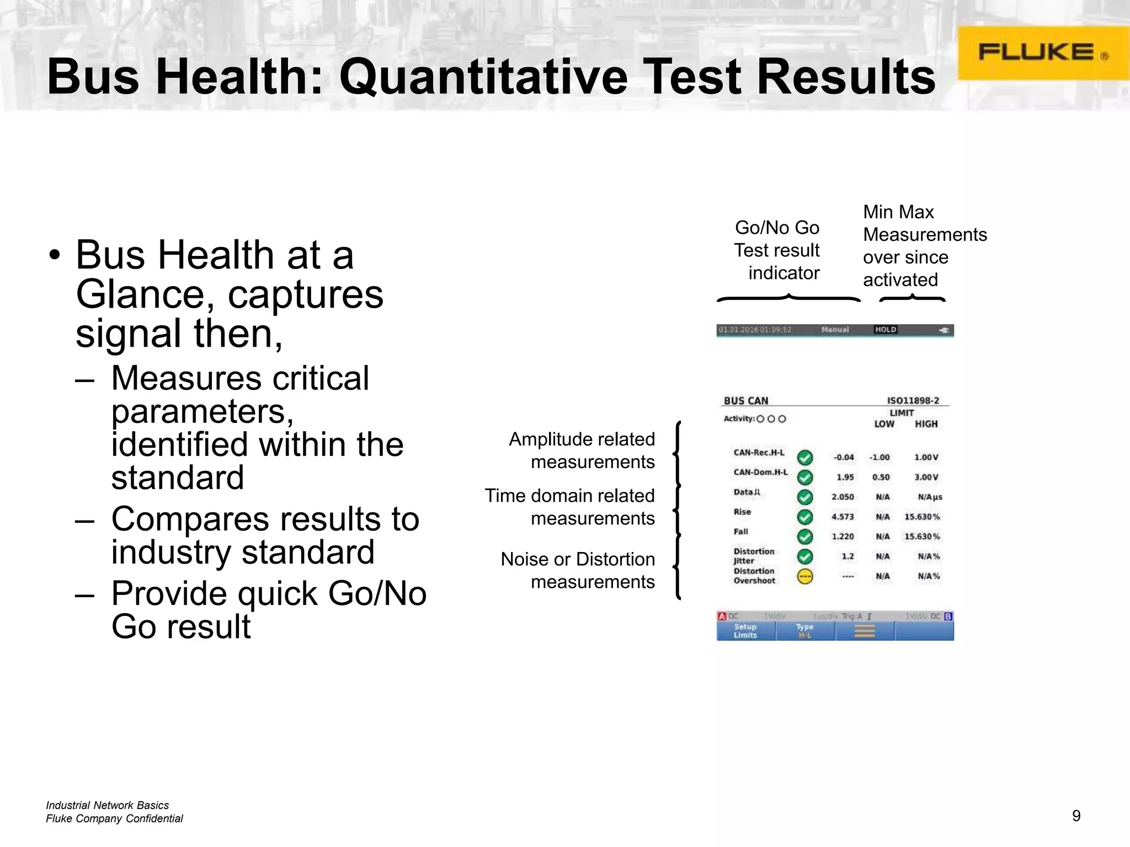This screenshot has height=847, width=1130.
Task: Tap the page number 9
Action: point(1076,816)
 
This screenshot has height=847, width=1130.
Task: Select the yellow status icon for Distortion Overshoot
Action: point(805,577)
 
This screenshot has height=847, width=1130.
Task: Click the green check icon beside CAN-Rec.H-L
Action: point(805,457)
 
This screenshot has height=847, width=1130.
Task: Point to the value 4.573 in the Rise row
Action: point(843,517)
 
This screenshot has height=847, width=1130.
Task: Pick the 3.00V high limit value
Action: point(926,477)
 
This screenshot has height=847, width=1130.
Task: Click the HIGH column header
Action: point(926,423)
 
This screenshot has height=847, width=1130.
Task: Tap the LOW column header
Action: point(884,423)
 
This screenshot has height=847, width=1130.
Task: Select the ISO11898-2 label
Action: point(913,400)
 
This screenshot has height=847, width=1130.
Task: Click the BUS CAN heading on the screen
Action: point(746,401)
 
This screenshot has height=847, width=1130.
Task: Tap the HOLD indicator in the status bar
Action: point(886,330)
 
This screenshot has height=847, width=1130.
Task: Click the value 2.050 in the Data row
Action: point(843,497)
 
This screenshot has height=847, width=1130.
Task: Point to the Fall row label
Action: point(741,532)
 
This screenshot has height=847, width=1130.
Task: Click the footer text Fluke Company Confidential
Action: point(114,818)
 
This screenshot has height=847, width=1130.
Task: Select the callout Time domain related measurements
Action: point(570,507)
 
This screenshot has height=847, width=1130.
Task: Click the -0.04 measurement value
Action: point(844,457)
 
